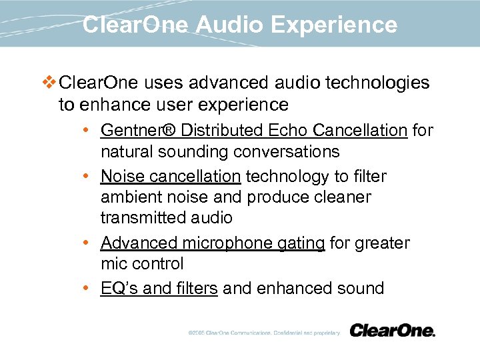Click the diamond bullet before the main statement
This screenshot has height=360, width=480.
click(x=49, y=83)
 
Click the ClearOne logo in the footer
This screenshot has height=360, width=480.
click(x=392, y=331)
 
